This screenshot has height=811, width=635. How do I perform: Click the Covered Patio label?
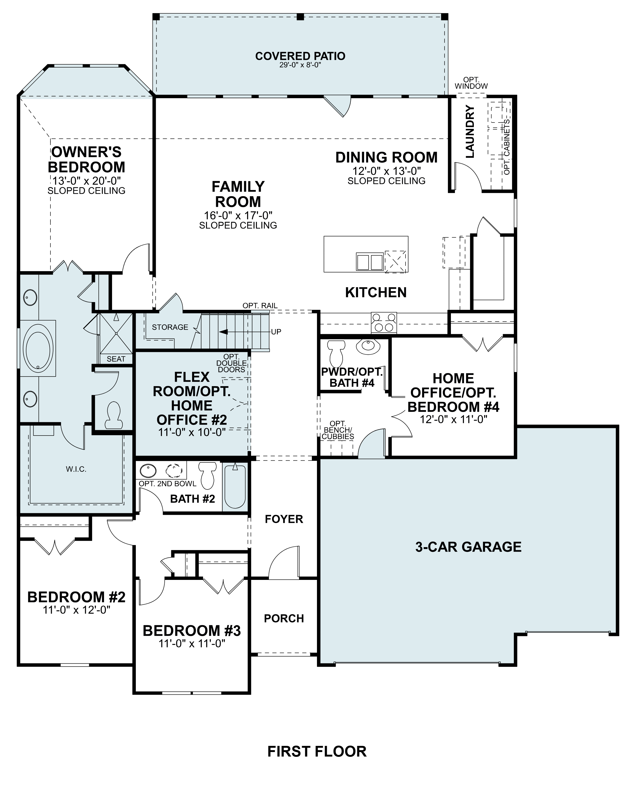click(300, 56)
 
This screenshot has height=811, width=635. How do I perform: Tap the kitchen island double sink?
click(370, 262)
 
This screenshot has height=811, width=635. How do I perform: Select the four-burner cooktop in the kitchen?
click(384, 322)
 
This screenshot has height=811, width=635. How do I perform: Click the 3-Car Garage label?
click(468, 547)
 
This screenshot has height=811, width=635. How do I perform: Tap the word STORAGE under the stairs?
click(170, 327)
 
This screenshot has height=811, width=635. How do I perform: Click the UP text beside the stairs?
click(276, 332)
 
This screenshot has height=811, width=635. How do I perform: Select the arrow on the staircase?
click(224, 332)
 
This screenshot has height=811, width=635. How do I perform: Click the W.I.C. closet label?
click(76, 469)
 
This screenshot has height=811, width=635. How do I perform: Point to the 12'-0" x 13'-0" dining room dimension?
click(386, 171)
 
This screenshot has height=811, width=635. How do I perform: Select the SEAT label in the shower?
click(116, 359)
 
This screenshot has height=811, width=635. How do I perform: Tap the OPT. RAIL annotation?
click(260, 306)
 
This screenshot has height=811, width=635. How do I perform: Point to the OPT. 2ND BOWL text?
click(167, 484)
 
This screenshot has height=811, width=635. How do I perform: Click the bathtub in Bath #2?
click(235, 487)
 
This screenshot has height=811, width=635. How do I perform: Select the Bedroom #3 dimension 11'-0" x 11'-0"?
click(192, 644)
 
